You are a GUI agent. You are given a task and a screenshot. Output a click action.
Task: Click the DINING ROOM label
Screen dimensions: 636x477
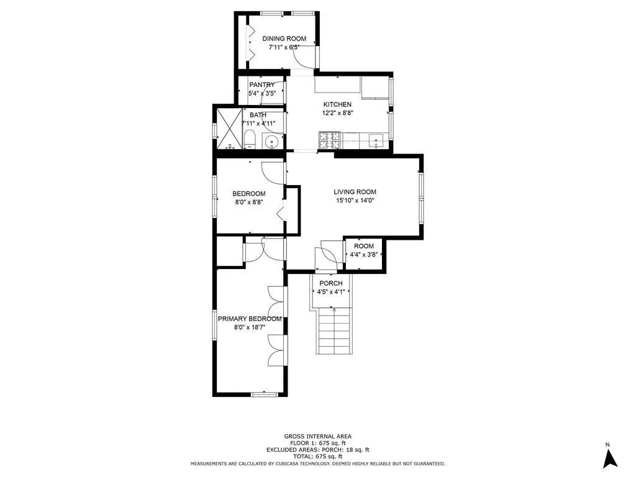(284, 39)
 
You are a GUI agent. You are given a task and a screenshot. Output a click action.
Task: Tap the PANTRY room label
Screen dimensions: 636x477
(261, 84)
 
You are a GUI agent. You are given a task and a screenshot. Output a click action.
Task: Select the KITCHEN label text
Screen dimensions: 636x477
(337, 104)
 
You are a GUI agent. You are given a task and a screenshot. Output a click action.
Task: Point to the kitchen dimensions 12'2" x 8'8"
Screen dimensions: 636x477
(338, 113)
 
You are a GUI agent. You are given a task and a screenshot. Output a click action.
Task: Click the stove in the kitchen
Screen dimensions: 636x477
(329, 140)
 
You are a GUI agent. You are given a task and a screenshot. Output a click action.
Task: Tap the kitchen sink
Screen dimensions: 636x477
(376, 141)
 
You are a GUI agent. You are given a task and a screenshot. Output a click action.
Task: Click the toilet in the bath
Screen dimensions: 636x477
(250, 140)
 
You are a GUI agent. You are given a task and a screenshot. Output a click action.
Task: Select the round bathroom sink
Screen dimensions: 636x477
(270, 142)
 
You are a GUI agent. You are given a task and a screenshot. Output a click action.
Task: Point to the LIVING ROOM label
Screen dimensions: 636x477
(355, 192)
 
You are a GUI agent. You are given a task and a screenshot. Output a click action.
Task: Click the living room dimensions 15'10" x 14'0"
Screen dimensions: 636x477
(355, 201)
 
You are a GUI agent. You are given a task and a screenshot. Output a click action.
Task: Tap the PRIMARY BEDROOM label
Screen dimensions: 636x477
(250, 319)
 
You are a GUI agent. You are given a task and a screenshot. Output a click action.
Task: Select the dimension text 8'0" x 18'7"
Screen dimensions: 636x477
(250, 327)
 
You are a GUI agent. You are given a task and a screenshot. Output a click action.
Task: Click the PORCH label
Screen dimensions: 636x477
(331, 283)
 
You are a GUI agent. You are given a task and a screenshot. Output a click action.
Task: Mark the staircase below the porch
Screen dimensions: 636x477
(334, 330)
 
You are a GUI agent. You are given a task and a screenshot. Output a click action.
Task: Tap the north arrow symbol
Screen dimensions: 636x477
(610, 458)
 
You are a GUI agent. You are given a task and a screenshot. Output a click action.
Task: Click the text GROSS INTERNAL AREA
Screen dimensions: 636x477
(317, 437)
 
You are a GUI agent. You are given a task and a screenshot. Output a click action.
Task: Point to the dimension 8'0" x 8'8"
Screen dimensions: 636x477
(250, 202)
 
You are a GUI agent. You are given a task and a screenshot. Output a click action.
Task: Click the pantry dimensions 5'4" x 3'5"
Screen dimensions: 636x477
(262, 93)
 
